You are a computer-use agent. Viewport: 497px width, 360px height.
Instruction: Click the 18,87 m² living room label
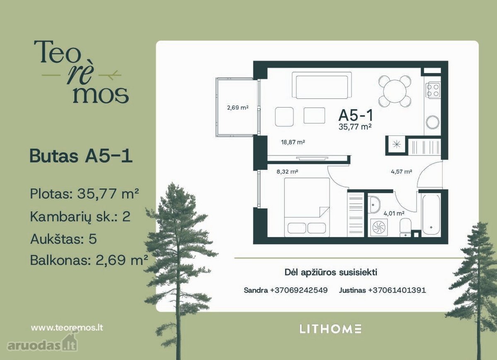click(x=293, y=142)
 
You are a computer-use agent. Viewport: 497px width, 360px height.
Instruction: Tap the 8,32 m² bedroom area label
click(x=287, y=172)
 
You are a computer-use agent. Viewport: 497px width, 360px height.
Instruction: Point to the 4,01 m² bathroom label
click(x=394, y=213)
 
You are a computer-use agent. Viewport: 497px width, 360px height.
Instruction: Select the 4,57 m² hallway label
click(x=401, y=172)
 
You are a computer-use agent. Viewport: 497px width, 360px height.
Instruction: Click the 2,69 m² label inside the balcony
click(x=238, y=108)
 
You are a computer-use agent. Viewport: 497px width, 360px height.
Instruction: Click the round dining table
click(x=395, y=91)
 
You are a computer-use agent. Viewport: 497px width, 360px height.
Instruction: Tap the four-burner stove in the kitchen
click(x=433, y=91)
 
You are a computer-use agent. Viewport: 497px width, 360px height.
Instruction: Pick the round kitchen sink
click(x=432, y=122)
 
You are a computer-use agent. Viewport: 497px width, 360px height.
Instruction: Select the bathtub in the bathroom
click(x=431, y=215)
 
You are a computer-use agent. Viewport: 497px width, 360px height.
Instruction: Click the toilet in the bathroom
click(x=405, y=228)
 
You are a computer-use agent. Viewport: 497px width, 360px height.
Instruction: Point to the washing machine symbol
click(x=379, y=228)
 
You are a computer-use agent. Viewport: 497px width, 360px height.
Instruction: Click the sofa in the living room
click(x=322, y=85)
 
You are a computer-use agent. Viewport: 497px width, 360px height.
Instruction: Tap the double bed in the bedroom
click(x=307, y=207)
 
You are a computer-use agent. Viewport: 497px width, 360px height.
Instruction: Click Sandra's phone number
click(x=299, y=290)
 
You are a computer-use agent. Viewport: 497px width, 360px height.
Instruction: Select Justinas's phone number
click(x=397, y=290)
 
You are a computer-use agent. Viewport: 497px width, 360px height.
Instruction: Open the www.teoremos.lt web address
click(x=67, y=328)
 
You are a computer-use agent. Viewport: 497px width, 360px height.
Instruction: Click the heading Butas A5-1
click(x=81, y=156)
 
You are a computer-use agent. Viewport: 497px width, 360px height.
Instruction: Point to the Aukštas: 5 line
click(x=63, y=239)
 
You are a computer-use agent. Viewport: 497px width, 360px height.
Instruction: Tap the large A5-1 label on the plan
click(x=356, y=115)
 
